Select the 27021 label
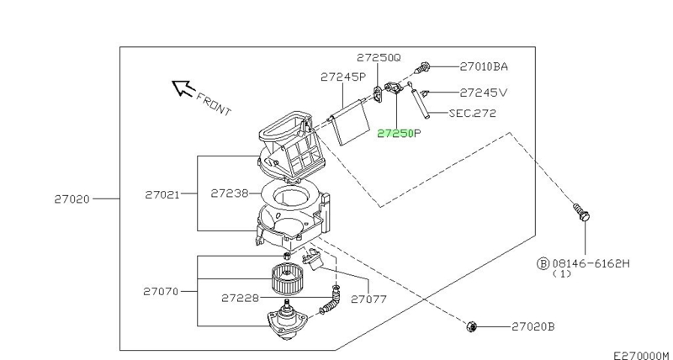(x=161, y=193)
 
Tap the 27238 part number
(x=228, y=193)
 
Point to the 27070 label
(x=161, y=290)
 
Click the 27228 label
(x=239, y=298)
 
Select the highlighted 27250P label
(x=399, y=133)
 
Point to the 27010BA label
(x=484, y=66)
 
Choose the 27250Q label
(x=379, y=57)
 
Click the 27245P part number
(x=342, y=77)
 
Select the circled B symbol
(x=543, y=262)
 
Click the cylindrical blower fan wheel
(x=287, y=277)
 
